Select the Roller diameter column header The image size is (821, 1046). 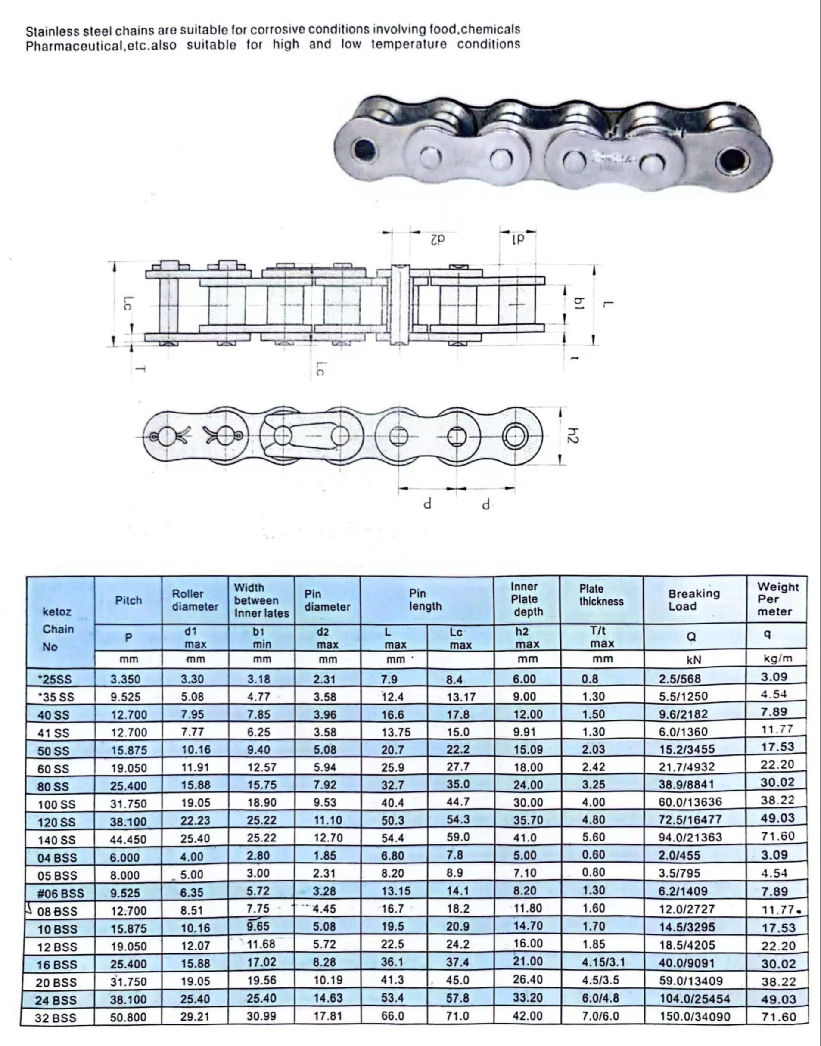click(x=195, y=600)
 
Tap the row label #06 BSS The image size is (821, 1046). click(x=61, y=893)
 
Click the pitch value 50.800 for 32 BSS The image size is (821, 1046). click(x=128, y=1017)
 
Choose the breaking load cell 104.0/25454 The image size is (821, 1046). click(x=694, y=999)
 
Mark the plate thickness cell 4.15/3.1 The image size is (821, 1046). click(x=603, y=963)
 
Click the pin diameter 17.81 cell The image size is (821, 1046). click(x=327, y=1017)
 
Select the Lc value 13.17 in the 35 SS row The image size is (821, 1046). click(x=460, y=697)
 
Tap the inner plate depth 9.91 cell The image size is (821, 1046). click(x=527, y=732)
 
